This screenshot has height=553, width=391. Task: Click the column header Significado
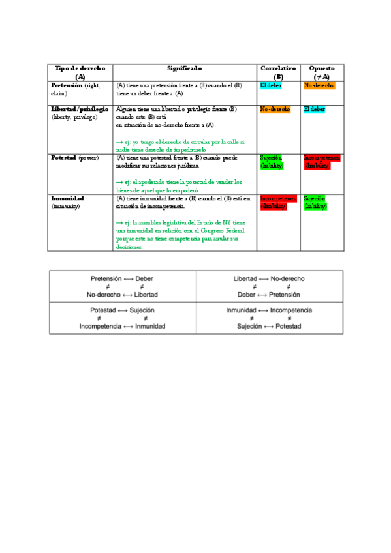click(x=185, y=68)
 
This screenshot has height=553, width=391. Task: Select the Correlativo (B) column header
click(x=278, y=72)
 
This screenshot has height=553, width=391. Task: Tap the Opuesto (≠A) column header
click(x=322, y=72)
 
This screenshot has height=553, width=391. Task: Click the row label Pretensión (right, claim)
click(x=76, y=89)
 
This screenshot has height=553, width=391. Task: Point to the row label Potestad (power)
click(x=74, y=158)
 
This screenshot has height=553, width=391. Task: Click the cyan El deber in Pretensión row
click(x=271, y=85)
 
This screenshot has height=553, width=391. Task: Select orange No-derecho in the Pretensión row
click(x=319, y=85)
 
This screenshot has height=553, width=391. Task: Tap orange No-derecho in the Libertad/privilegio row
click(x=275, y=109)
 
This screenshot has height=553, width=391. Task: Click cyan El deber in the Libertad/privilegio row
click(x=315, y=109)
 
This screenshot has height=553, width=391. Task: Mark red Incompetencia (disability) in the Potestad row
click(x=322, y=162)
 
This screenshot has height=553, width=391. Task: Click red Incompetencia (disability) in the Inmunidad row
click(x=278, y=202)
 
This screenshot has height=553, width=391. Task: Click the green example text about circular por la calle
click(x=180, y=145)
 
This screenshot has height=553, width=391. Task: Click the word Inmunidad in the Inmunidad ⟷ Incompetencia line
click(x=241, y=310)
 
